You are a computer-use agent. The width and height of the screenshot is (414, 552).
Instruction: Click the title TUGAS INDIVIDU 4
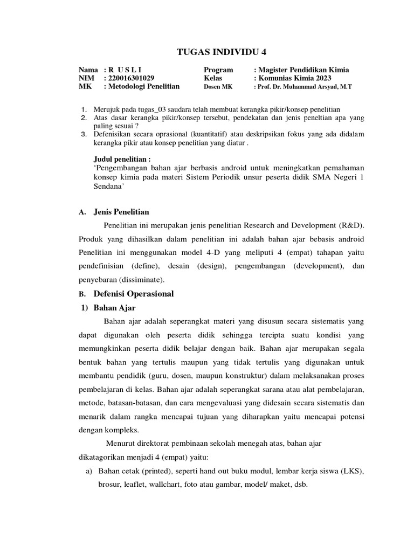222,52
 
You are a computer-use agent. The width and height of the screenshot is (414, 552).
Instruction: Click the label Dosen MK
218,86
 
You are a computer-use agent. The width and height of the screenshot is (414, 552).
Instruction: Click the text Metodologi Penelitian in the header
144,86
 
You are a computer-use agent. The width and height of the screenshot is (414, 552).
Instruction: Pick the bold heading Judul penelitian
122,159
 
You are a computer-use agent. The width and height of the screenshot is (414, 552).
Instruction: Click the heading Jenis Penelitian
121,212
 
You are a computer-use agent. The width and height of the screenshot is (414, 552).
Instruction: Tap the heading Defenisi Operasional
134,294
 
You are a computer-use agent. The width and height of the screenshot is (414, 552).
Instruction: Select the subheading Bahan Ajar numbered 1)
115,308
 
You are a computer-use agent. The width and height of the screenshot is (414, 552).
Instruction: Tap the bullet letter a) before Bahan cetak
89,471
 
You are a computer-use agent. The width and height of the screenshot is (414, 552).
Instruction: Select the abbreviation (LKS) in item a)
350,471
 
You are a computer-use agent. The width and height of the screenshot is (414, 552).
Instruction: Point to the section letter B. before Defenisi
82,294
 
